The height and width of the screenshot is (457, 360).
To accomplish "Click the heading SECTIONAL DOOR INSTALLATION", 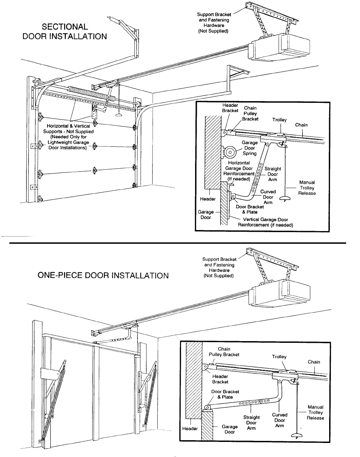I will pos(64,32).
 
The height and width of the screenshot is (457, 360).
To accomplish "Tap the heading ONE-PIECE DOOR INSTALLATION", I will pos(103,276).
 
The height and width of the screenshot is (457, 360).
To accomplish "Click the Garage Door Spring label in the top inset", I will pos(250,148).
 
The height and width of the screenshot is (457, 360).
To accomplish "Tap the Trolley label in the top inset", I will pos(279,120).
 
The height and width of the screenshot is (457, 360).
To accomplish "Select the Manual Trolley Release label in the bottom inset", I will pos(315,412).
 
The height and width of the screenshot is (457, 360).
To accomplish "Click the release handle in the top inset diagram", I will pos(285,199).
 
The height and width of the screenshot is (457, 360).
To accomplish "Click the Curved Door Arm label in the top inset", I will pos(268,197).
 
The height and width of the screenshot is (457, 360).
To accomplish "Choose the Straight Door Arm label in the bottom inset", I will pos(251,423).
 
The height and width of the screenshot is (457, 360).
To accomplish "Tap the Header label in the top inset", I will pos(208,199).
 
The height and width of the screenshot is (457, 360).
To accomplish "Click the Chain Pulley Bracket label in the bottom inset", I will pos(224,352).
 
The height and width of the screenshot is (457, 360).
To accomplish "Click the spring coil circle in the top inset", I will pos(230,152).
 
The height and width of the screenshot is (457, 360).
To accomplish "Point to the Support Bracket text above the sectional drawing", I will pos(214,23).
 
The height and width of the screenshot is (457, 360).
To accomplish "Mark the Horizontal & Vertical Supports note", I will pos(68,137).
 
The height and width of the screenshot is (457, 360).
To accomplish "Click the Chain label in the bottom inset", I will pos(314,362).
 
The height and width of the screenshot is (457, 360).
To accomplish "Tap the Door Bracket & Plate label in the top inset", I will pos(250,209).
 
